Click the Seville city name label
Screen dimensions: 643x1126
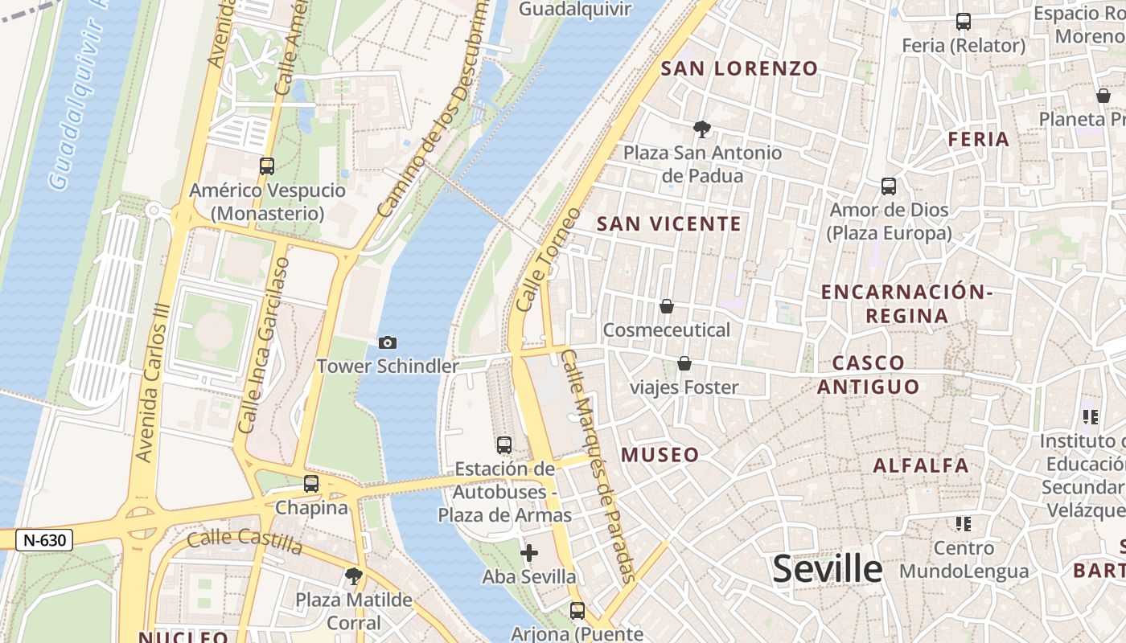[827, 569]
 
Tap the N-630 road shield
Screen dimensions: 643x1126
[44, 540]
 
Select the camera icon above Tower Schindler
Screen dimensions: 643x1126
[387, 343]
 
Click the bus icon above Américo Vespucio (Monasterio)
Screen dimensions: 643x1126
[266, 166]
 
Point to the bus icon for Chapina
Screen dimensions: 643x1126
[311, 484]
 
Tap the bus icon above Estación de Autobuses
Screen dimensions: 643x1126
[504, 444]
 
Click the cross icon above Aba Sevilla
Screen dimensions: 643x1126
[529, 553]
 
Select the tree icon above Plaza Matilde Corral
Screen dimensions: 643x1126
[353, 575]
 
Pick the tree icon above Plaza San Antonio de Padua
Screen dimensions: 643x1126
[702, 129]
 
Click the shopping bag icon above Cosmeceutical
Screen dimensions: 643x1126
[666, 306]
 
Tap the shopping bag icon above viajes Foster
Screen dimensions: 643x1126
[684, 364]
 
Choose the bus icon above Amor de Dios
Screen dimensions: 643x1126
[889, 186]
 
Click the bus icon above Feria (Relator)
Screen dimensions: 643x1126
[963, 22]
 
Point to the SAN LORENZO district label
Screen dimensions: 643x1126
[739, 69]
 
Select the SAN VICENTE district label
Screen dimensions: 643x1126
[668, 224]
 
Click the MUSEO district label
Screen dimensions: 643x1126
[660, 456]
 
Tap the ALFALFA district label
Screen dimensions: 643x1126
[921, 465]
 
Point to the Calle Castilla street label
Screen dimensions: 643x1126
[245, 542]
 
